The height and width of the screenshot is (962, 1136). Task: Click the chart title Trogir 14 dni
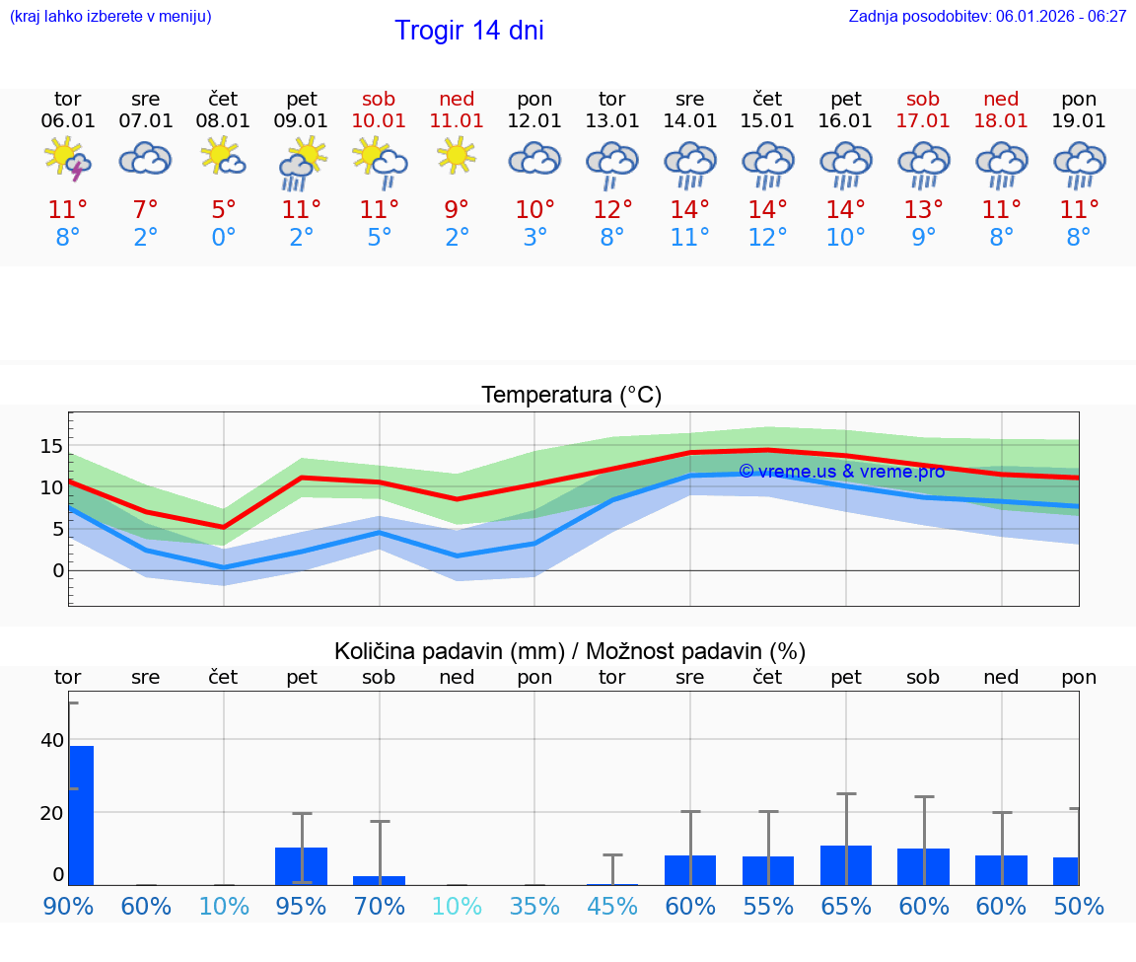click(469, 31)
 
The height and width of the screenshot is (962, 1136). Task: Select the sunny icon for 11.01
click(457, 155)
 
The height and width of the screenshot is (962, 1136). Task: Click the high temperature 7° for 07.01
click(146, 209)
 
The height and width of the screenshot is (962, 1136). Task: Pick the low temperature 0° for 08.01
click(224, 238)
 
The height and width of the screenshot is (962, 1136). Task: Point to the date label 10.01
click(379, 120)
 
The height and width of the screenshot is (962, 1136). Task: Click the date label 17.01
click(923, 120)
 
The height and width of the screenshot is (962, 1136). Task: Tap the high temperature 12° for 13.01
click(612, 209)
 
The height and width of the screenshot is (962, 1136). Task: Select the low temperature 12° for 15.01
click(767, 238)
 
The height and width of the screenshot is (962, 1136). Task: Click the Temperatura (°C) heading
click(571, 395)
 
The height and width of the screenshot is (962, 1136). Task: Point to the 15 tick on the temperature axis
click(51, 446)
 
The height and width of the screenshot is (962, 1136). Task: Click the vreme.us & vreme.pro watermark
click(841, 472)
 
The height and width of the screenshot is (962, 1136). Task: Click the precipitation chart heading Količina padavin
click(570, 651)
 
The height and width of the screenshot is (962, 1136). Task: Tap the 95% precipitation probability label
click(302, 906)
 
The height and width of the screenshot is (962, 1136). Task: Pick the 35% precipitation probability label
click(534, 906)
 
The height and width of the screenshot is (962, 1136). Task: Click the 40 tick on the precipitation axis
click(52, 740)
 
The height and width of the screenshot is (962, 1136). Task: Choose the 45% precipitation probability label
click(612, 906)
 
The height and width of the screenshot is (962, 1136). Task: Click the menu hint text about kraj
click(110, 16)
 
